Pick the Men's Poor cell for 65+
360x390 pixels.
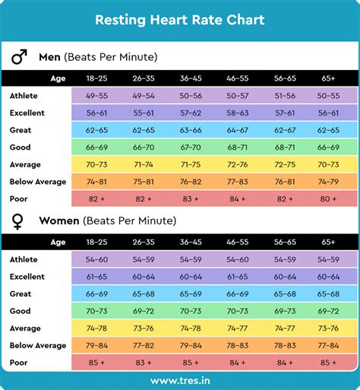click(x=329, y=198)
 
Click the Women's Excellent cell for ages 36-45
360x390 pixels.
click(x=190, y=277)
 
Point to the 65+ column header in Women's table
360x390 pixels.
click(x=329, y=242)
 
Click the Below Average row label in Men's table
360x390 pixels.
click(x=38, y=181)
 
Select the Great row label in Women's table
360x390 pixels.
click(x=21, y=293)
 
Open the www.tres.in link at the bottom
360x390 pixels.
click(x=180, y=380)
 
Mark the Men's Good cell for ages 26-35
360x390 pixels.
click(x=144, y=147)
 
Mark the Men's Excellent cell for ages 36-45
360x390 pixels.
click(x=190, y=113)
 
